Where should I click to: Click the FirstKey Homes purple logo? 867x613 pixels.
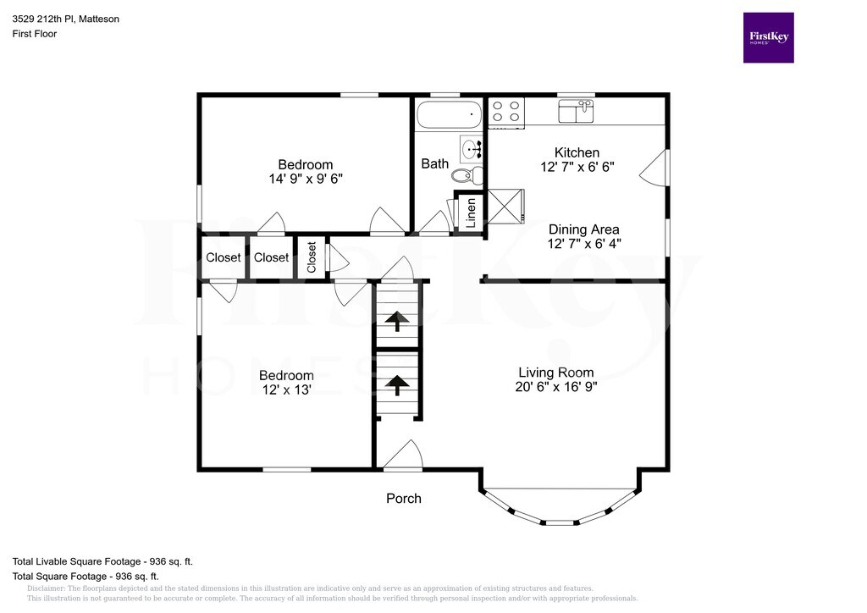[768, 37]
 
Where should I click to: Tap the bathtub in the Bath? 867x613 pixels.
[449, 114]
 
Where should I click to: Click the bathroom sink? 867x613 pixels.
[471, 149]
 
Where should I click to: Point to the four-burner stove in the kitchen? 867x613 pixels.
[506, 111]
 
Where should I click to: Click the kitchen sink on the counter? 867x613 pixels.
[576, 111]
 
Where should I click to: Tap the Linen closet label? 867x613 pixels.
[471, 213]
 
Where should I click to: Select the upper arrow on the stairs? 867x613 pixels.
[397, 321]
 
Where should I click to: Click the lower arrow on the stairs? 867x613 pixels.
[397, 384]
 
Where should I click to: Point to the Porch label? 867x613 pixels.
[404, 499]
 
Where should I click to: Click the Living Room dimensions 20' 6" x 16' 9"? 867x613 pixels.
[556, 387]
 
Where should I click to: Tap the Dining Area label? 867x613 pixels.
[584, 229]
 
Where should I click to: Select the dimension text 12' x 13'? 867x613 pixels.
[286, 389]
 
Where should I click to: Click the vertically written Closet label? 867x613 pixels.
[312, 257]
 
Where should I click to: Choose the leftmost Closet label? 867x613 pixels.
[224, 257]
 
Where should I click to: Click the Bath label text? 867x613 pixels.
[435, 163]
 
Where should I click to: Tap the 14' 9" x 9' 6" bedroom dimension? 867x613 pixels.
[306, 179]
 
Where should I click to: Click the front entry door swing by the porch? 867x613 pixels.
[404, 455]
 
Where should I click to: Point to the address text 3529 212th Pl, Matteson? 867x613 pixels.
[66, 19]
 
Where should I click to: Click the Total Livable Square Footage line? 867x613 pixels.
[102, 561]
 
